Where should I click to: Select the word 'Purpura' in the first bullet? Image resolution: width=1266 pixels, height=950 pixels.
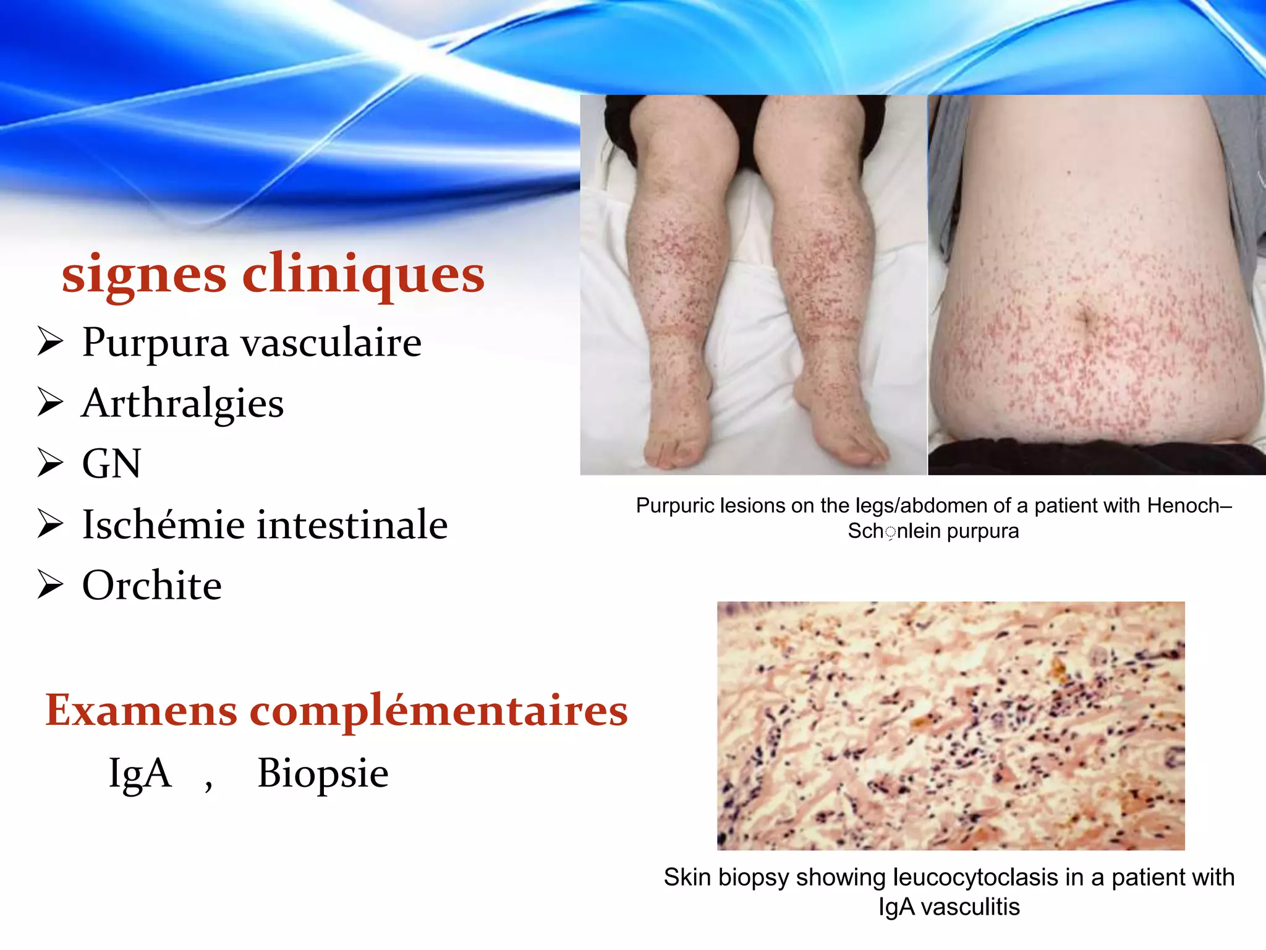click(155, 343)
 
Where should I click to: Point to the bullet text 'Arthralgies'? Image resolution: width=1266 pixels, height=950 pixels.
click(183, 404)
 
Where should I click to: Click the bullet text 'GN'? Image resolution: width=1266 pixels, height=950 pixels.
click(112, 464)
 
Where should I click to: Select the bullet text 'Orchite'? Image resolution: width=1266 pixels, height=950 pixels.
click(152, 585)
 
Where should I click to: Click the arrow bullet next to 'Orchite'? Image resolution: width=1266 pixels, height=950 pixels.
click(50, 584)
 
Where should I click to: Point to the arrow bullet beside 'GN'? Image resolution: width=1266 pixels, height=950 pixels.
click(50, 463)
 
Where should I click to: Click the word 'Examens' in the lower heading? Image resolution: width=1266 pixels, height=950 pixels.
click(141, 710)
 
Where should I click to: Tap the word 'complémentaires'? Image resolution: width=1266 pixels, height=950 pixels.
click(438, 711)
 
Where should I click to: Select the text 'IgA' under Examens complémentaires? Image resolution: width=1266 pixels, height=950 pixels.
click(140, 773)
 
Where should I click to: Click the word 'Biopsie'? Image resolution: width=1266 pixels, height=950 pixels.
click(323, 773)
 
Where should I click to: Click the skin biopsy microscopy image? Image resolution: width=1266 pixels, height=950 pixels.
click(951, 725)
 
